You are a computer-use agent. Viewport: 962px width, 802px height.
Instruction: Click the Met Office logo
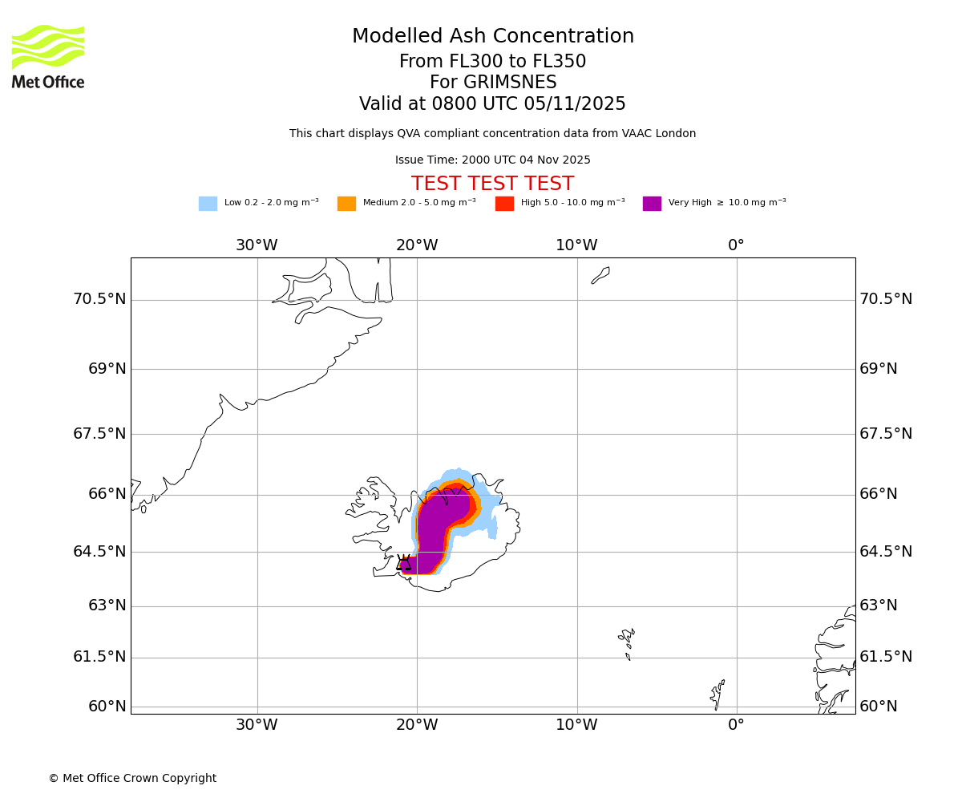click(48, 56)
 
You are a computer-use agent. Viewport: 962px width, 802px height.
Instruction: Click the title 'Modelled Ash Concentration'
click(492, 37)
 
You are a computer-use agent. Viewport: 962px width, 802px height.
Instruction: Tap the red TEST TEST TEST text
click(492, 184)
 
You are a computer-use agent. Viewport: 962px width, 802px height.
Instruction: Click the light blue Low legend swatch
click(208, 204)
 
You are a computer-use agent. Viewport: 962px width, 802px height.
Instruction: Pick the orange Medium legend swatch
click(346, 204)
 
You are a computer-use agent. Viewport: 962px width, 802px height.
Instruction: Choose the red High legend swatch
click(504, 204)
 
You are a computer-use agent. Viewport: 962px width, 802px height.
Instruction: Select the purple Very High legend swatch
click(652, 204)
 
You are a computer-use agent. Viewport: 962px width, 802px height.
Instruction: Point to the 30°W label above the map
click(257, 245)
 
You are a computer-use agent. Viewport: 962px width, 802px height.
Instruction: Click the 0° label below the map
click(736, 725)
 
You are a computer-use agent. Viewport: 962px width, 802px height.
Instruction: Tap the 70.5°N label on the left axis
click(99, 299)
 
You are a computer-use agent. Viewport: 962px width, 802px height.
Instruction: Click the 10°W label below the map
click(576, 725)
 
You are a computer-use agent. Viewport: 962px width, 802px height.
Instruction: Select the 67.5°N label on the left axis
click(99, 434)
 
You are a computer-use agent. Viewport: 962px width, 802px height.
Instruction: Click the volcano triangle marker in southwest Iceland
click(403, 563)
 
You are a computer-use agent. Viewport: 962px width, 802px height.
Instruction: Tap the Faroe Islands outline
click(627, 642)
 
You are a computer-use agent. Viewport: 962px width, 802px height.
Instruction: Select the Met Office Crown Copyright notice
click(132, 779)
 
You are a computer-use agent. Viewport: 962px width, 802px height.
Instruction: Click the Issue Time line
click(492, 160)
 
